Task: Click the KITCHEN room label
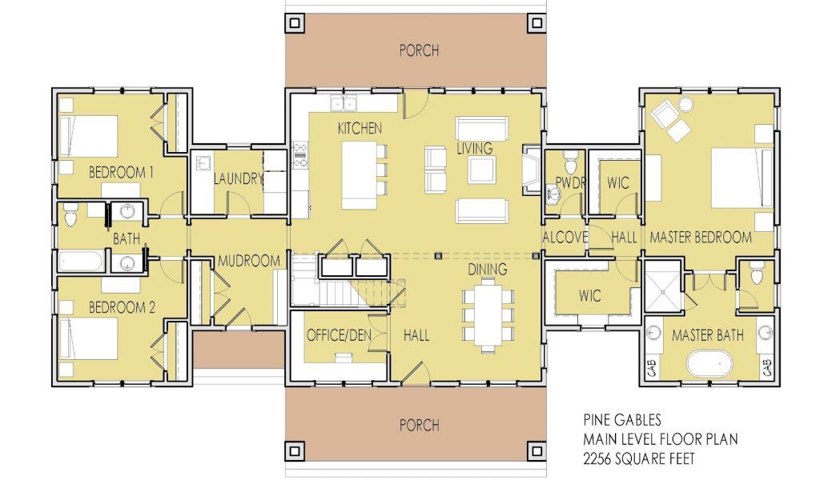point(360,128)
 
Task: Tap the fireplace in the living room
point(531,170)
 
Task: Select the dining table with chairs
point(488,315)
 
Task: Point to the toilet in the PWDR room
point(570,162)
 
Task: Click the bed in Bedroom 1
point(88,136)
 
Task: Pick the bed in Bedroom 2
point(88,338)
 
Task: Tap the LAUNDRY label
point(238,178)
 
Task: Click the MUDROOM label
point(249,260)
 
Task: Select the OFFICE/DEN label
point(339,334)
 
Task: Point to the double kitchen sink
point(344,103)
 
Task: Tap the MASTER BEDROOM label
point(701,238)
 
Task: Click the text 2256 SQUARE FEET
point(639,458)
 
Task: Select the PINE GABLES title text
point(622,420)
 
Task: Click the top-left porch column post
point(295,23)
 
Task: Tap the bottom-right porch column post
point(537,450)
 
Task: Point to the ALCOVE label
point(565,238)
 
